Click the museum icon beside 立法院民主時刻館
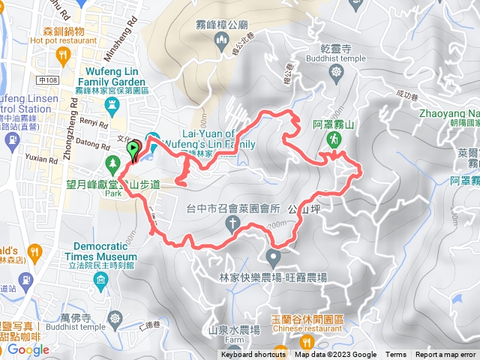click(101, 280)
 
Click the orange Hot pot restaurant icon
click(64, 54)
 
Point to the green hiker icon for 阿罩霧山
click(331, 139)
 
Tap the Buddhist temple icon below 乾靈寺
click(336, 71)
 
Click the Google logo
click(28, 349)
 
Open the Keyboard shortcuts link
click(253, 355)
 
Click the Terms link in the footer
click(396, 355)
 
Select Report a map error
click(445, 355)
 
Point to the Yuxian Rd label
click(44, 159)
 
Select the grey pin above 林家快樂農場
click(273, 259)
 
